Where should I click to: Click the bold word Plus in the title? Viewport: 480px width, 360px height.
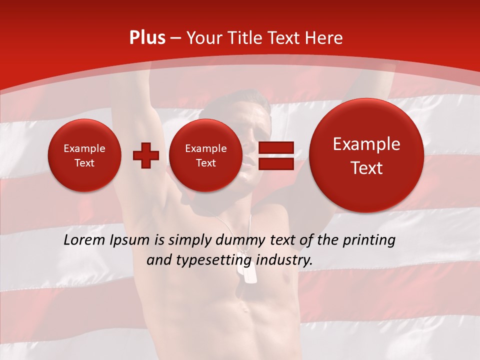pyautogui.click(x=147, y=38)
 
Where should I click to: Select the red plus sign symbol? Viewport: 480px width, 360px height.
pyautogui.click(x=145, y=155)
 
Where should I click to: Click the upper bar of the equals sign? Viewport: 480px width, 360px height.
pyautogui.click(x=275, y=147)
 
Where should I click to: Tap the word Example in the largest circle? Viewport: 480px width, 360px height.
pyautogui.click(x=366, y=144)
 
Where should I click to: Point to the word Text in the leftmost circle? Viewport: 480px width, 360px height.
pyautogui.click(x=84, y=163)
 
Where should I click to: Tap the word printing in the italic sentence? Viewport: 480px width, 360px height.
pyautogui.click(x=370, y=240)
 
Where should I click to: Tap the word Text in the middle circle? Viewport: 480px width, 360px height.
pyautogui.click(x=205, y=163)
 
